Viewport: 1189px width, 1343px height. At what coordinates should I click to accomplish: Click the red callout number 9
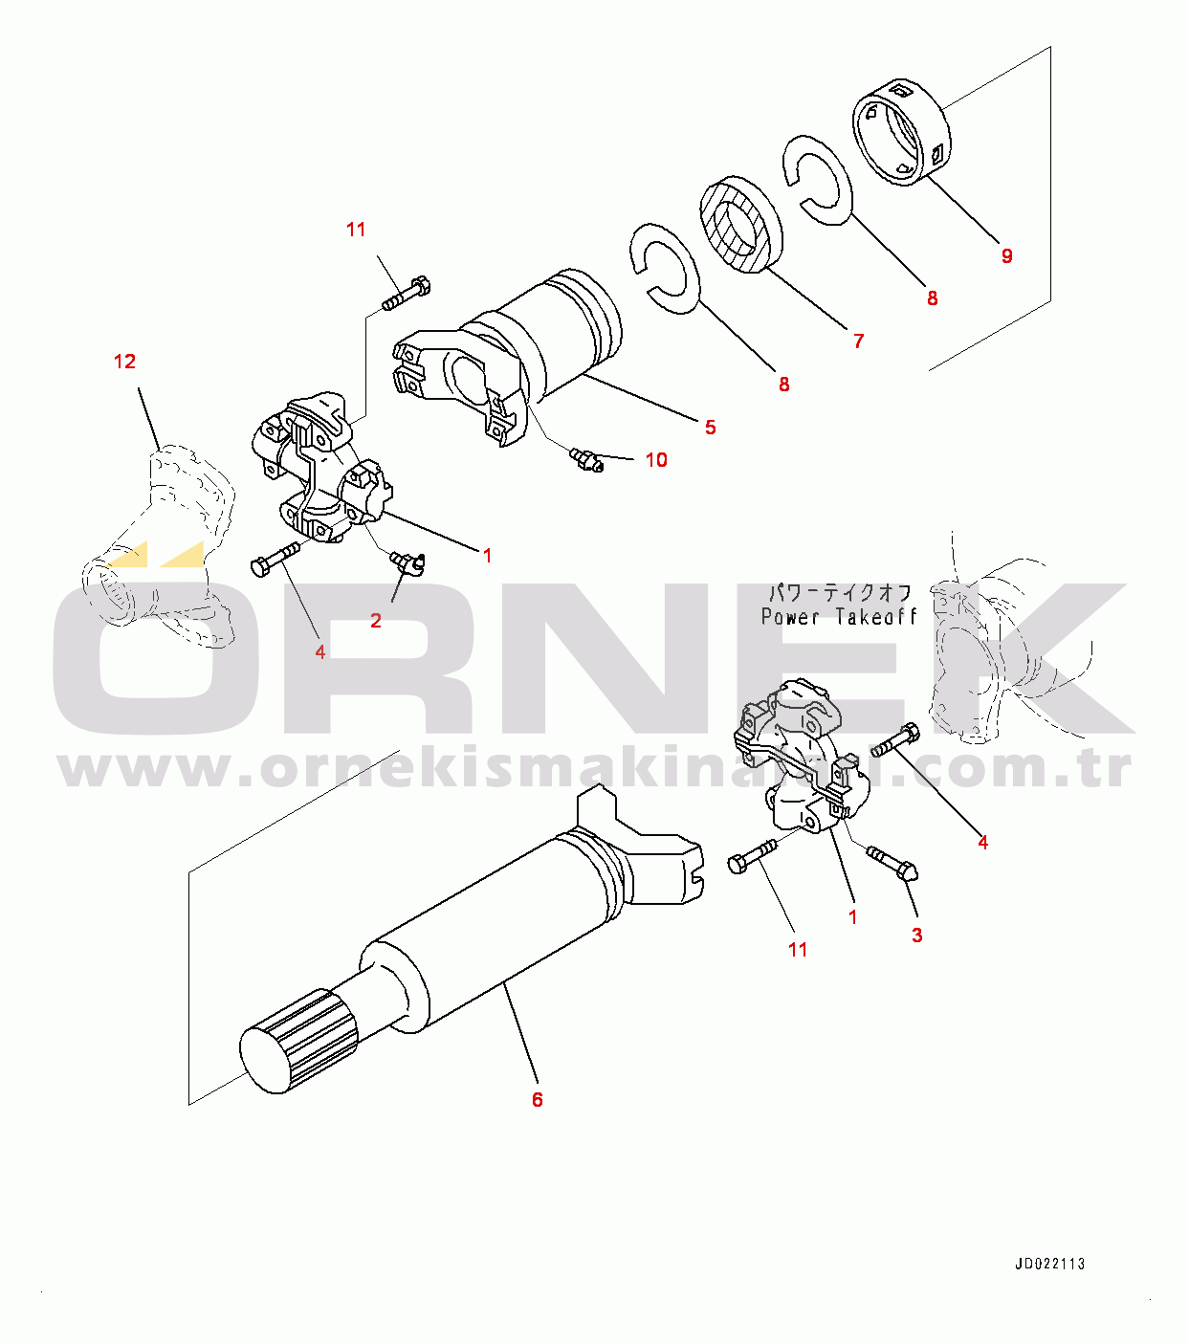(x=1006, y=255)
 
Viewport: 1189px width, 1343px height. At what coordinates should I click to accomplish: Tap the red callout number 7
(x=859, y=341)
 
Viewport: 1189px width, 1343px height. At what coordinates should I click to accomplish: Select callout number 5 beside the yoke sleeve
(x=711, y=427)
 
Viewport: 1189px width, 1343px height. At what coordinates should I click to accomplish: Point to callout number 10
(x=656, y=460)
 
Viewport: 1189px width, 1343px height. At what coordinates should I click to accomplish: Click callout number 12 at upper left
(x=124, y=362)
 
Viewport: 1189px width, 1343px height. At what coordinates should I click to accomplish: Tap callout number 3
(x=917, y=936)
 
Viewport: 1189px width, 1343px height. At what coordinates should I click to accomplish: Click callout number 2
(x=376, y=621)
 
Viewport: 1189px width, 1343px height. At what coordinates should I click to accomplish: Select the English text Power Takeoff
(x=839, y=617)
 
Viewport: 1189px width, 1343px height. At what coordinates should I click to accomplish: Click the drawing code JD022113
(x=1049, y=1264)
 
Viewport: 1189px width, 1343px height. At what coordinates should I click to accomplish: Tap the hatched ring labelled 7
(x=741, y=225)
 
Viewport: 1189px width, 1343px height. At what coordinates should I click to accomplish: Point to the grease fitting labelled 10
(x=586, y=460)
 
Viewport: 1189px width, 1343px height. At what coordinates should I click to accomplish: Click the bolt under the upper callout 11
(x=407, y=295)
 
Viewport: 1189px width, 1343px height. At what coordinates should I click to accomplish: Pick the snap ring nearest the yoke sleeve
(x=665, y=269)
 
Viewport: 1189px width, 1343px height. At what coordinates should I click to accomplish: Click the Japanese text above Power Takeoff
(x=839, y=592)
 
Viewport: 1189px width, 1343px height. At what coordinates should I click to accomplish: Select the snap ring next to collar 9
(x=818, y=179)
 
